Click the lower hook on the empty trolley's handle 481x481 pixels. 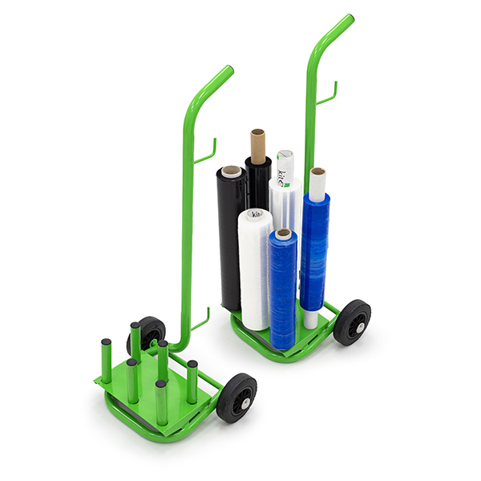200,319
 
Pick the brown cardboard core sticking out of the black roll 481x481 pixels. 257,143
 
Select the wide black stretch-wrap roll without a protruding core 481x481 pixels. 231,240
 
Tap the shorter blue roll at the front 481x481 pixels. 283,293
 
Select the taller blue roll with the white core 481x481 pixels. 315,240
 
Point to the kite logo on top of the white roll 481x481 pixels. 255,214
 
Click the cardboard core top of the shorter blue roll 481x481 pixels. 282,233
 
